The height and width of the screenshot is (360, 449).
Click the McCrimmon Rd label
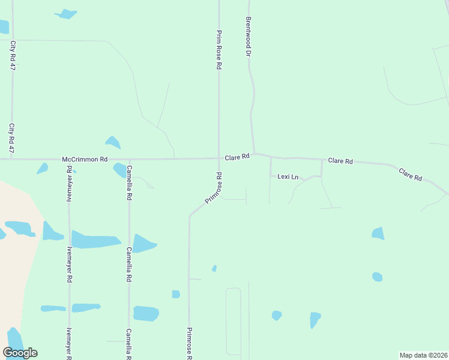[x=85, y=160]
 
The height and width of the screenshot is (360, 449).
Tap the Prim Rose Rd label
[x=219, y=50]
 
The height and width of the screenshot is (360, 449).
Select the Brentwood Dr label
[x=247, y=36]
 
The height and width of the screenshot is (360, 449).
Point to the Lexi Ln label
[x=288, y=176]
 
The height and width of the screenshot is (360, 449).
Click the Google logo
[x=20, y=353]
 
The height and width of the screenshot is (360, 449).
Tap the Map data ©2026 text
[x=423, y=355]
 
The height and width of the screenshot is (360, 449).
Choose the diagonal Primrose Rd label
[x=214, y=188]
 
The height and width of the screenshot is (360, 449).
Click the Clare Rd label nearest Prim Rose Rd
[x=237, y=157]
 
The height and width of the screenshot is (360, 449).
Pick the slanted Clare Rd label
[x=411, y=175]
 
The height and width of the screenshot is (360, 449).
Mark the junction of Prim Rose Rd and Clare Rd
[x=218, y=158]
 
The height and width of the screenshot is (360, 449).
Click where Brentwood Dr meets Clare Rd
[x=254, y=154]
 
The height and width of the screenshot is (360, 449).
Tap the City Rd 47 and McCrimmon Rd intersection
[x=12, y=159]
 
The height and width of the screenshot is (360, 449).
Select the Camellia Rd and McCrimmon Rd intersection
[x=128, y=159]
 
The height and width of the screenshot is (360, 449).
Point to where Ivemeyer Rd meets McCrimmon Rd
[x=69, y=159]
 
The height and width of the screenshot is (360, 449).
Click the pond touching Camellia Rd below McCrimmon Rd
[x=120, y=170]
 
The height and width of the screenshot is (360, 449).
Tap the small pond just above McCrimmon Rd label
[x=112, y=142]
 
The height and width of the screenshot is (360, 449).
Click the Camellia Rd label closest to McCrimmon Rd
[x=129, y=183]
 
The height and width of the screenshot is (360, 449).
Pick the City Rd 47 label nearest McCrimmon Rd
[x=11, y=137]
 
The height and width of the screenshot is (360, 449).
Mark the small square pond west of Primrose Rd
[x=176, y=294]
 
